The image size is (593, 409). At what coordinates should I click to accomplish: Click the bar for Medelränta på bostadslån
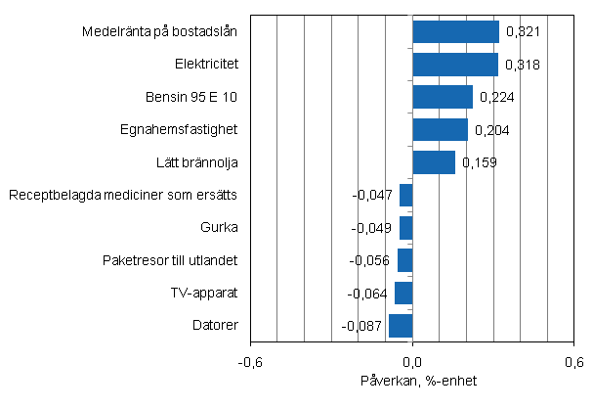coord(455,32)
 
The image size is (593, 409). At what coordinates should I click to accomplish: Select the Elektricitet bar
coord(455,65)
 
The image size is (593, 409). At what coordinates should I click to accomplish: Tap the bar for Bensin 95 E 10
coord(443,97)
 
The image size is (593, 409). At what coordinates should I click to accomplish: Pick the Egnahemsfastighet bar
coord(440,129)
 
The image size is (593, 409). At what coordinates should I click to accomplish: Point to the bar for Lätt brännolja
coord(434,161)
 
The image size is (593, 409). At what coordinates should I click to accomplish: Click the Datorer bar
coord(401,325)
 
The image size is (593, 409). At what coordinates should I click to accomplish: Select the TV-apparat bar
coord(403,293)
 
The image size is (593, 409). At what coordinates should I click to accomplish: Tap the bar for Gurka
coord(405,228)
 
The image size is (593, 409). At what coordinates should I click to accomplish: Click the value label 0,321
coord(523,32)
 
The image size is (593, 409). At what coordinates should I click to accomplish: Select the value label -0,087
coord(361,325)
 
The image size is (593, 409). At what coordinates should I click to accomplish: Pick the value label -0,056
coord(369,260)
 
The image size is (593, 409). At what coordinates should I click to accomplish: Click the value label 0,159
coord(480,161)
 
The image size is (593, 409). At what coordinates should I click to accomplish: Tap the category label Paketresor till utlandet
coord(170,260)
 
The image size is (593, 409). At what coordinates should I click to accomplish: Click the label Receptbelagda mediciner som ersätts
coord(123,195)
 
